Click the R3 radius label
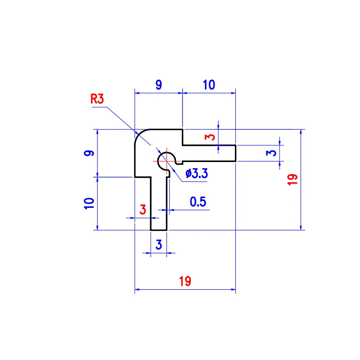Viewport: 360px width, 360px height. (x=97, y=99)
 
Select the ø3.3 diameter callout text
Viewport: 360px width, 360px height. (x=196, y=173)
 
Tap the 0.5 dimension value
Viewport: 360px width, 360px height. (x=198, y=202)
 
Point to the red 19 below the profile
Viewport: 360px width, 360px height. (x=185, y=281)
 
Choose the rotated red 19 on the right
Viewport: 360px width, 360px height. (x=292, y=180)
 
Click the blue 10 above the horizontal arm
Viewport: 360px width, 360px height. (x=209, y=85)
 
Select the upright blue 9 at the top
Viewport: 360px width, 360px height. (x=158, y=85)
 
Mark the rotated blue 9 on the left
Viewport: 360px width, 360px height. (x=89, y=153)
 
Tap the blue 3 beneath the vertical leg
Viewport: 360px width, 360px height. (x=158, y=245)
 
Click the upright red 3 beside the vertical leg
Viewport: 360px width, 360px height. (x=143, y=209)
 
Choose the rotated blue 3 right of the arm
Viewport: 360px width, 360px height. (x=270, y=153)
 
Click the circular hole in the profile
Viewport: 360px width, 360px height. (x=166, y=160)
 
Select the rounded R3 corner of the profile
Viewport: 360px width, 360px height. (x=140, y=135)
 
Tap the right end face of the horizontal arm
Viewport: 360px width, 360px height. (x=236, y=153)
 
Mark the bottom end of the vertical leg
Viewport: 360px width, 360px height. (x=158, y=230)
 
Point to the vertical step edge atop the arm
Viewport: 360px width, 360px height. (x=182, y=137)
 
